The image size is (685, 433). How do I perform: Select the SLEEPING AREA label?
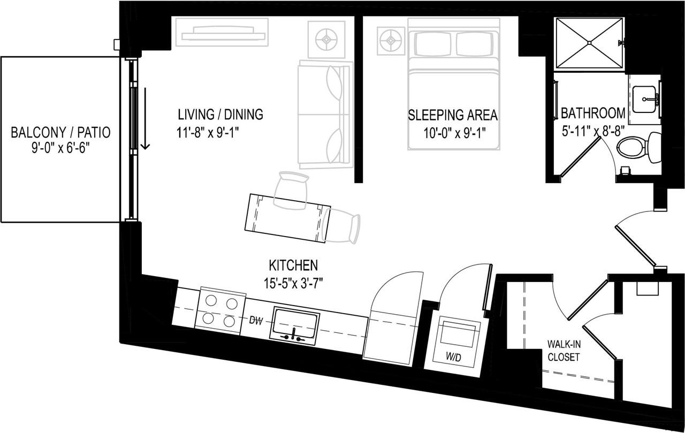(453, 115)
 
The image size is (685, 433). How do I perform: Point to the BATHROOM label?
(592, 113)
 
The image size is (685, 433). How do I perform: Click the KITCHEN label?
(293, 265)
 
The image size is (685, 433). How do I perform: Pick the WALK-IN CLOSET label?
(564, 350)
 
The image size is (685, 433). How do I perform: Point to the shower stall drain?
(589, 42)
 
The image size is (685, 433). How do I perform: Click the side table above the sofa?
(326, 39)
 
